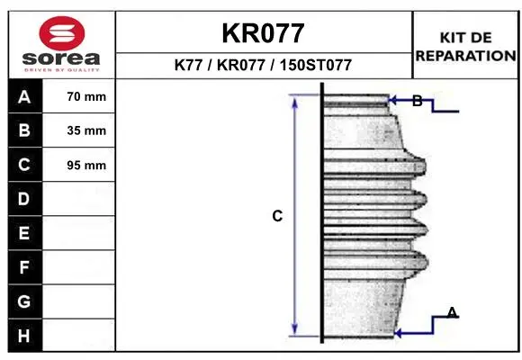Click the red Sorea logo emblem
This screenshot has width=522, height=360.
point(62,33)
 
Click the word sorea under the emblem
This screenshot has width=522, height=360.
point(61,58)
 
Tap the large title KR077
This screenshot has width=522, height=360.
point(263,33)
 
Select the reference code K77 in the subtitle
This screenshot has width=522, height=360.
point(188,65)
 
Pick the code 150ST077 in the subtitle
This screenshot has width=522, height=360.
point(316,65)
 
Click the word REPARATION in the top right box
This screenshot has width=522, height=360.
point(465,56)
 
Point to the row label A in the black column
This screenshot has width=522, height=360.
point(24,97)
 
